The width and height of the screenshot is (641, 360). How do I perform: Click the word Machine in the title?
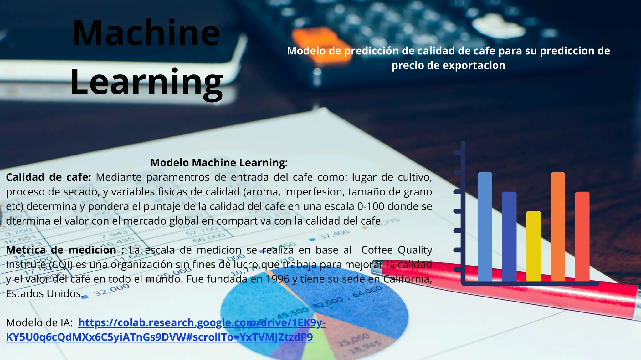tap(146, 33)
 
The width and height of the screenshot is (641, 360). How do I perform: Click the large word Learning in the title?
tap(146, 82)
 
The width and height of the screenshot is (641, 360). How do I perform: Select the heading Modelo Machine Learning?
tap(219, 163)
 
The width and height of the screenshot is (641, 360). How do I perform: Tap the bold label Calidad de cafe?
tap(49, 177)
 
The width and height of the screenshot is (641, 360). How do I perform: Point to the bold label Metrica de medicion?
tap(61, 250)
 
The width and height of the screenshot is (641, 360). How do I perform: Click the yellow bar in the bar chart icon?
tap(533, 246)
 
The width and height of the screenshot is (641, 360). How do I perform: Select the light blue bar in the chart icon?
tap(485, 227)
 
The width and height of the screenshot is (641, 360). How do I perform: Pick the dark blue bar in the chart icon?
tap(509, 237)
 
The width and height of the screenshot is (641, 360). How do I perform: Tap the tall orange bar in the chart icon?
tap(558, 227)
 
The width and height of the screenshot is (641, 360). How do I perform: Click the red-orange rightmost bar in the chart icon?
tap(582, 237)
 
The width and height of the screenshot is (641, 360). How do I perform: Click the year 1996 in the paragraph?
tap(277, 279)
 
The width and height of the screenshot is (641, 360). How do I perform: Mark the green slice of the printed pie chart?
tap(316, 350)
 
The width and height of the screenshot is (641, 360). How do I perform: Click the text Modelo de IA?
tap(39, 322)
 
